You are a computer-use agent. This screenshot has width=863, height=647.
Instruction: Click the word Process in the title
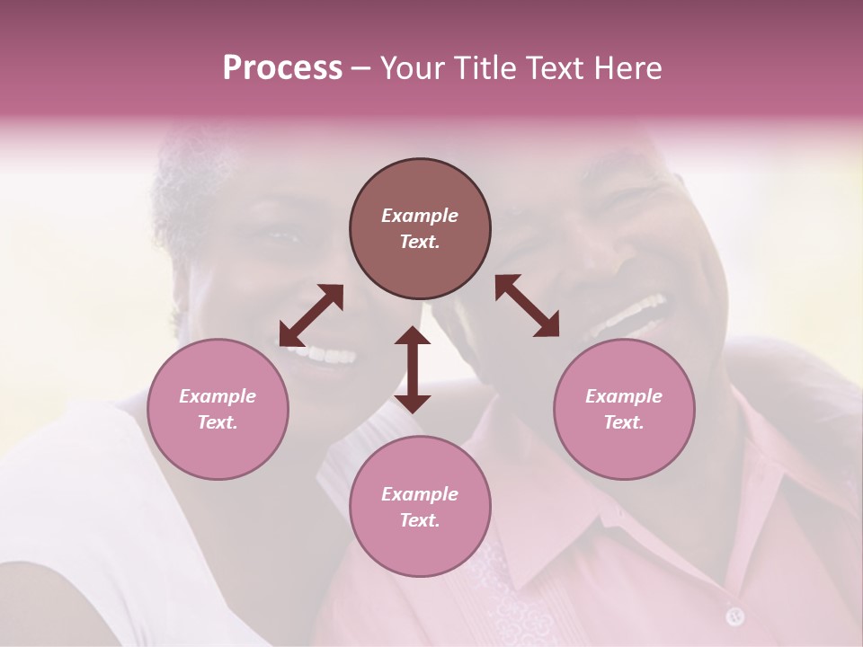tap(282, 68)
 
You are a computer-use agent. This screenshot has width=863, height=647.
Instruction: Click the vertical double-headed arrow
tap(413, 369)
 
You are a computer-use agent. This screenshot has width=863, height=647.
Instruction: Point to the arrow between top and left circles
tap(311, 315)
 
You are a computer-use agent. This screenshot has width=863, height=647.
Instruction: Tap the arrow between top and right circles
tap(528, 306)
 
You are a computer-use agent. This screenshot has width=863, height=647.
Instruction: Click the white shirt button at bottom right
tap(735, 616)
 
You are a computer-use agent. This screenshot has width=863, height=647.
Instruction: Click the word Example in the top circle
tap(420, 216)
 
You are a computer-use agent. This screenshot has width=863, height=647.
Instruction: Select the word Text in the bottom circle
tap(420, 520)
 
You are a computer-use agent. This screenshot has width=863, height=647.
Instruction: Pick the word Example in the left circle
tap(218, 396)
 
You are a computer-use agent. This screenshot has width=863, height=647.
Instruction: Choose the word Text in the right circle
tap(624, 422)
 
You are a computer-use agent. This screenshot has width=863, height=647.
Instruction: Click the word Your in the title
tap(410, 68)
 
